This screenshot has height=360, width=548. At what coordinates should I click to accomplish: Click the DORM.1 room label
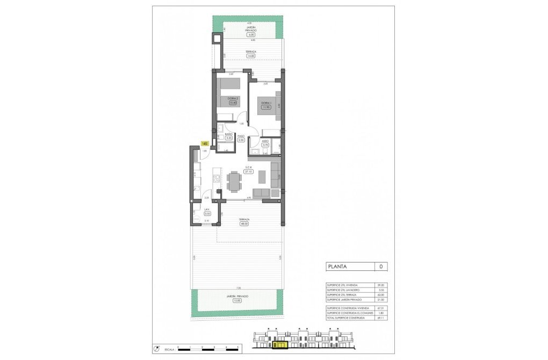265,103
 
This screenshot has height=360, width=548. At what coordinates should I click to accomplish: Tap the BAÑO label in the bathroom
228,134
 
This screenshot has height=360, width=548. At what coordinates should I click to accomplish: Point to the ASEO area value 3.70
265,145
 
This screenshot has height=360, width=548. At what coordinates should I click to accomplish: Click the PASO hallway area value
241,140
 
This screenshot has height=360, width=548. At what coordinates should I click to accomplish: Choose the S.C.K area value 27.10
249,172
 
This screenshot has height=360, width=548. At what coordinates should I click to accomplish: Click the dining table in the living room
235,181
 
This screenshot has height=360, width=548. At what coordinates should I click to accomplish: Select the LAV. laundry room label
207,210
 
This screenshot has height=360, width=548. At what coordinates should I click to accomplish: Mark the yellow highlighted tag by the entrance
204,143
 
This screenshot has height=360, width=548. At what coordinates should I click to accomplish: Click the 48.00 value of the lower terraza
244,224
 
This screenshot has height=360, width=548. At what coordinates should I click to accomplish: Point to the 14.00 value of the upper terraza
250,55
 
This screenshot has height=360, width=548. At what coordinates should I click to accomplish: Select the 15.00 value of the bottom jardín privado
237,300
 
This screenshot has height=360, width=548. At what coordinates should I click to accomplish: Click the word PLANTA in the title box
337,266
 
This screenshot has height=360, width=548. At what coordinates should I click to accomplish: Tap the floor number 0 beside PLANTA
380,266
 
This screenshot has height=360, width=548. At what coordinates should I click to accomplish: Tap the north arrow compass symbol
156,348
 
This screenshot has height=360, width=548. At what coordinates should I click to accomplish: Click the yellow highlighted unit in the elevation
280,344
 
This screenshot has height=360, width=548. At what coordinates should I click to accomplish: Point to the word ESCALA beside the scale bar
169,349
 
